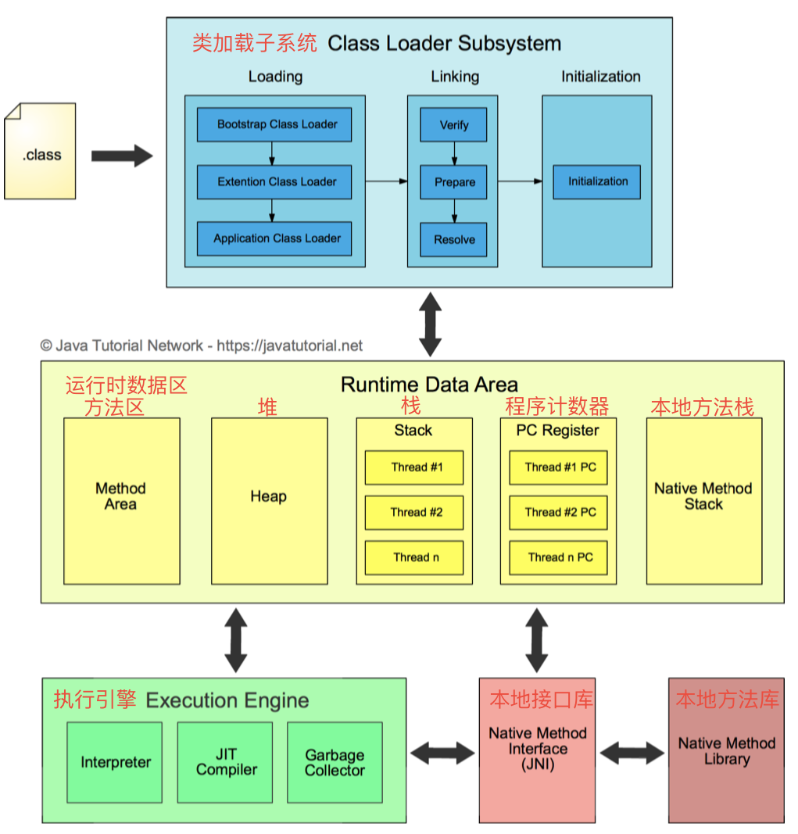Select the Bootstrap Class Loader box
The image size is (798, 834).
(274, 125)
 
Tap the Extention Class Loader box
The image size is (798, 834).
(274, 182)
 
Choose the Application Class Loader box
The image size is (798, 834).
(274, 238)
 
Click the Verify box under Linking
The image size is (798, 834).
(454, 125)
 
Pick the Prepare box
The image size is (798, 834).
(454, 182)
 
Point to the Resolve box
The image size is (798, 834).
(454, 239)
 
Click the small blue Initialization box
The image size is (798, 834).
(597, 181)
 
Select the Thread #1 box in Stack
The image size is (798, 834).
(414, 467)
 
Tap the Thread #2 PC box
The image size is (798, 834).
(559, 513)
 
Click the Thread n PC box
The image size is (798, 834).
(559, 557)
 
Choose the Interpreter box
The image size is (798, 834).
(115, 762)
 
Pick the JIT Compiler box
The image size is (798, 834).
(225, 762)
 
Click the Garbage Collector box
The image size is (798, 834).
(335, 762)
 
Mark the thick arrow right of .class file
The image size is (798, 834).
(121, 156)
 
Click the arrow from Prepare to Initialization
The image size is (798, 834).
(520, 182)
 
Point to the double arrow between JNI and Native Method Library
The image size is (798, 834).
(632, 753)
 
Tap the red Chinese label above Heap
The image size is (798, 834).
(268, 406)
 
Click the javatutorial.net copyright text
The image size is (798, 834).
(202, 345)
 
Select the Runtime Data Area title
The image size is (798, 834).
(429, 385)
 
